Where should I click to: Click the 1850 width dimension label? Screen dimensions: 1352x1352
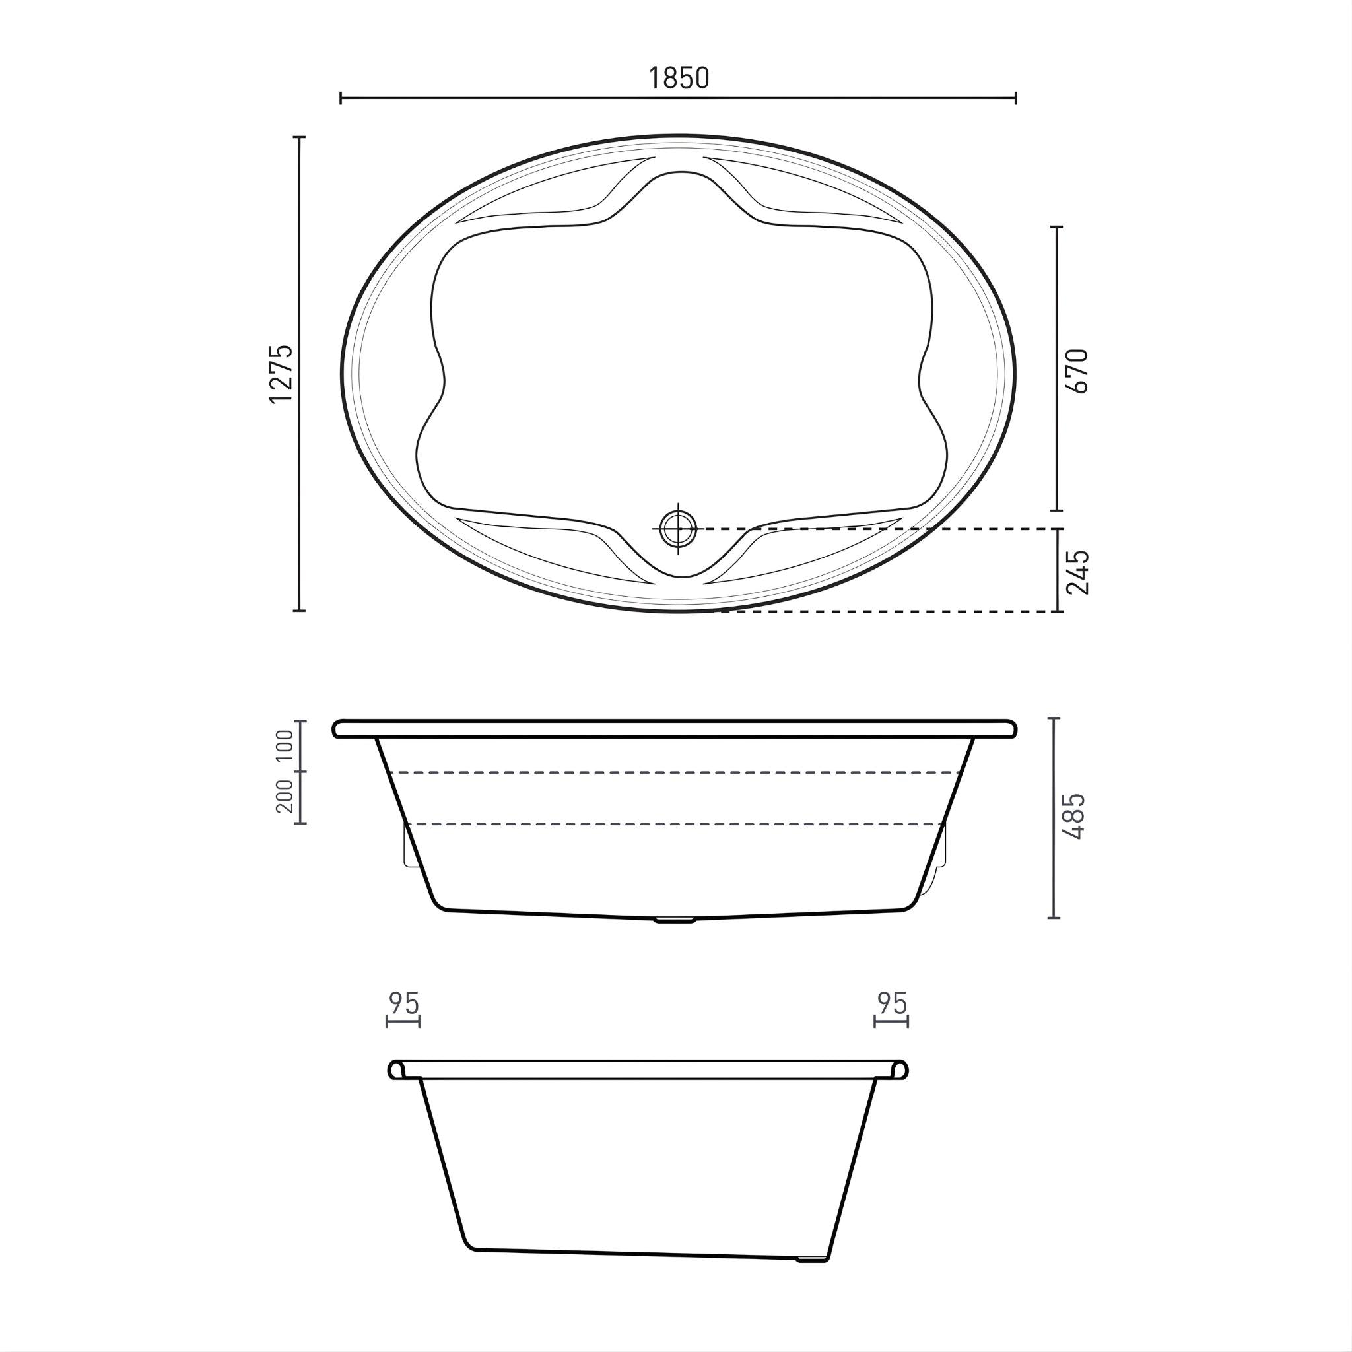(678, 78)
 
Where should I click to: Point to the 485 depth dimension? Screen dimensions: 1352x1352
(1073, 816)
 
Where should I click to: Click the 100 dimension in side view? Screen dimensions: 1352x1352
(285, 745)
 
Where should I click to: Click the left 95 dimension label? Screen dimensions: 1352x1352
(404, 1003)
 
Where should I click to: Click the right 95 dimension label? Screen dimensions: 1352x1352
(891, 1003)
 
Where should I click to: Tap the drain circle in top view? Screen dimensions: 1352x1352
(678, 528)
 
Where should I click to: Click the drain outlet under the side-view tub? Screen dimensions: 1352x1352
(675, 921)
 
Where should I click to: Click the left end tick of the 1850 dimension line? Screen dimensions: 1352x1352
(341, 98)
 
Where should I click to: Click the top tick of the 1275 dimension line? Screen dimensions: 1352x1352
(300, 137)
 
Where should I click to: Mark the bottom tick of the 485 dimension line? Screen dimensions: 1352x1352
(1054, 918)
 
